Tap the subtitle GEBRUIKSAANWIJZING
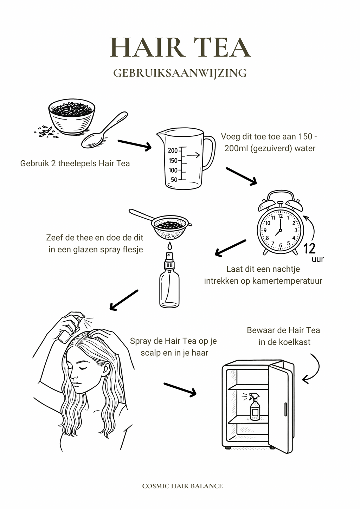(x=180, y=73)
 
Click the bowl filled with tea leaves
(x=72, y=116)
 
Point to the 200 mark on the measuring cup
(x=173, y=151)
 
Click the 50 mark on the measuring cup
(x=174, y=180)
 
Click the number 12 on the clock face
(x=280, y=216)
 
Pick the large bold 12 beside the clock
(x=309, y=249)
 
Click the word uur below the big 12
(x=317, y=260)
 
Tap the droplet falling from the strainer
(x=169, y=245)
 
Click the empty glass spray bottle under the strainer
(x=169, y=281)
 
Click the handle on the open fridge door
(x=285, y=410)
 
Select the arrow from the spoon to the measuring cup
(x=134, y=144)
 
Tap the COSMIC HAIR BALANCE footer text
(x=182, y=486)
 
